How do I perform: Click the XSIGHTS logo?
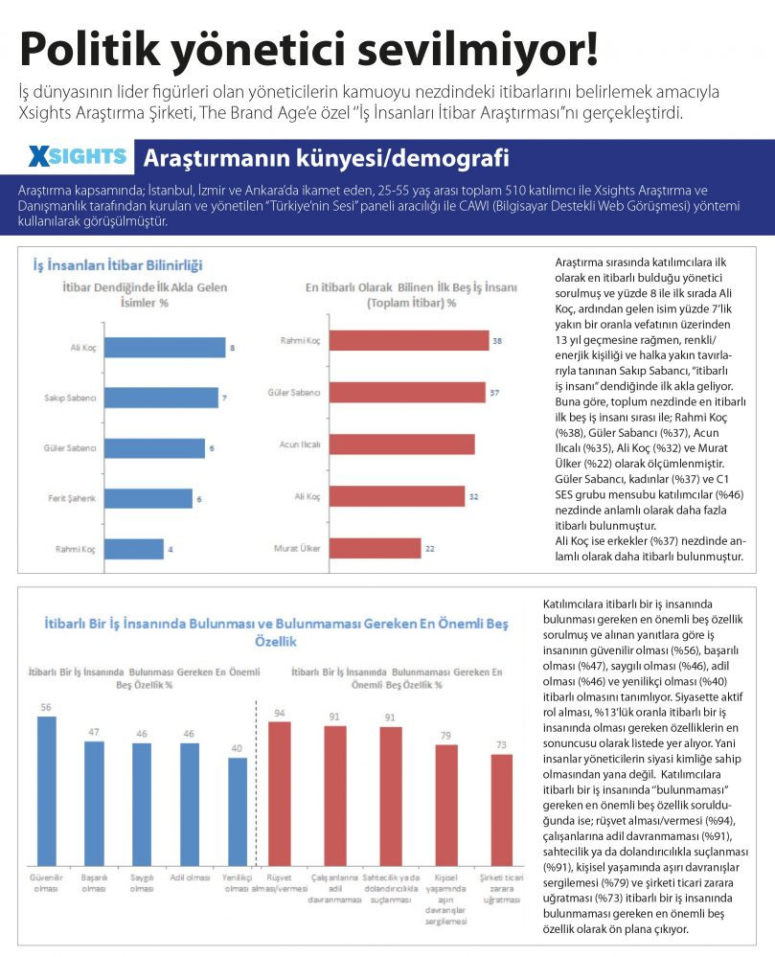point(78,157)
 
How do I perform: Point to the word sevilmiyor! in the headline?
point(477,49)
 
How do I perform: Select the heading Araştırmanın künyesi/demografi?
point(327,157)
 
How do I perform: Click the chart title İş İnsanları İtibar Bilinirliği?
point(118,265)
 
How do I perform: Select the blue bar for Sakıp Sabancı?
point(161,398)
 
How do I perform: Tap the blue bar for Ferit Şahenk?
point(148,499)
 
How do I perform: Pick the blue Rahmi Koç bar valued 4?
point(134,549)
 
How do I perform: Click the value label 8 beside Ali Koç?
point(232,348)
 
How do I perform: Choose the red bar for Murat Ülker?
point(376,548)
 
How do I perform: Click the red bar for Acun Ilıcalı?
point(402,444)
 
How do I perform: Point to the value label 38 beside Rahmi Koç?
point(497,341)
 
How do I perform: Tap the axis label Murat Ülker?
point(297,548)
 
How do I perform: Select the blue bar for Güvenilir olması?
point(46,791)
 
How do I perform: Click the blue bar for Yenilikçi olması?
point(238,811)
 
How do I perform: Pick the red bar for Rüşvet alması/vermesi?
point(280,793)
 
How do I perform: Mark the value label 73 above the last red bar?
point(501,744)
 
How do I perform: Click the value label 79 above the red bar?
point(446,736)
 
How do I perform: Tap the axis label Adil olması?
point(190,877)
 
